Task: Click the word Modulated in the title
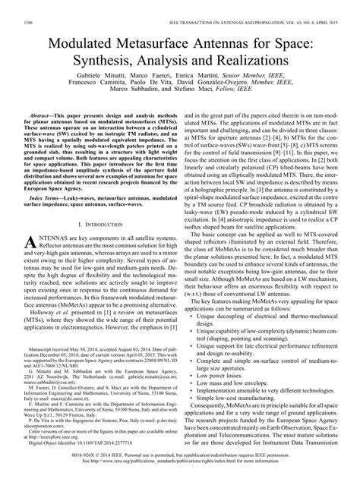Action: pyautogui.click(x=86, y=39)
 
